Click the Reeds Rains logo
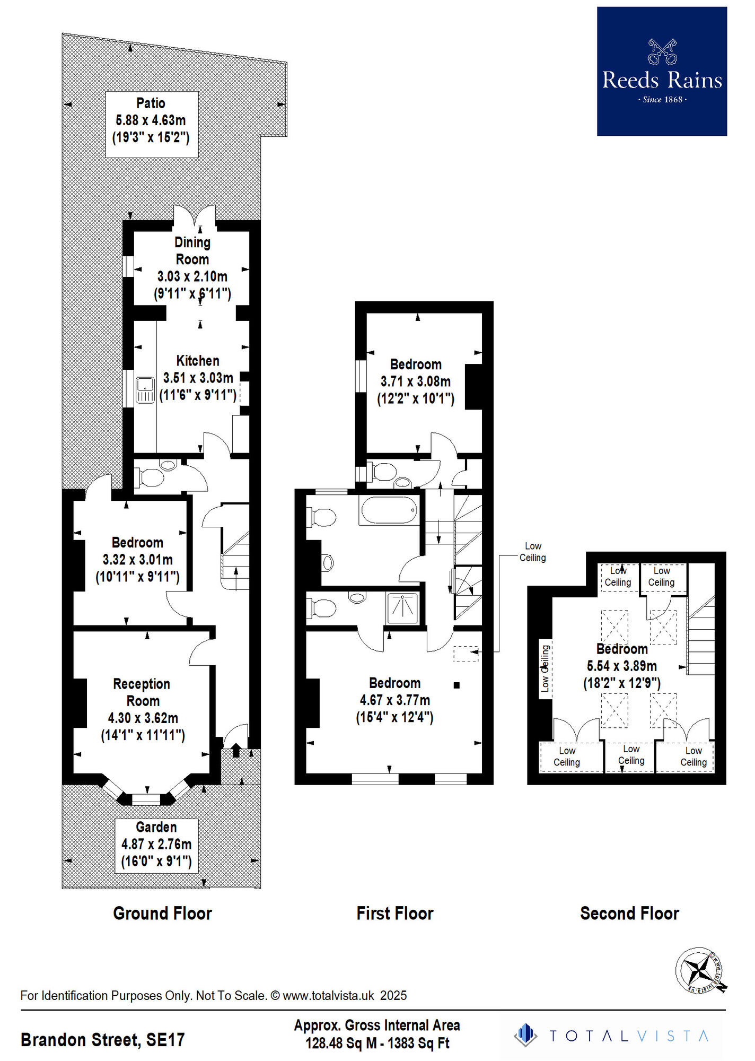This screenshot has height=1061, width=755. click(x=662, y=71)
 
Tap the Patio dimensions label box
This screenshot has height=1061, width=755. click(x=152, y=124)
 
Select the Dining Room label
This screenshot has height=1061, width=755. click(x=192, y=251)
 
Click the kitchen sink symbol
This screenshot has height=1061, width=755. click(x=145, y=390)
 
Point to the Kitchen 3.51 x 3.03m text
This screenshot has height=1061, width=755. click(x=198, y=378)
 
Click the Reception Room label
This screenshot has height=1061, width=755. click(x=142, y=692)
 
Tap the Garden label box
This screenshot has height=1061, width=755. click(x=156, y=846)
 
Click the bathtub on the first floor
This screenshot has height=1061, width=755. click(x=389, y=510)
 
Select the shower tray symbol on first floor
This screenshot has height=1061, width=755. click(x=402, y=608)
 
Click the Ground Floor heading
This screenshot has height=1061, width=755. click(x=162, y=914)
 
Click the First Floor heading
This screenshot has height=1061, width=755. click(x=395, y=914)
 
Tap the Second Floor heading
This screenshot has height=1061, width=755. click(x=629, y=914)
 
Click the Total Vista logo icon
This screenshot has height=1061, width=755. click(x=525, y=1035)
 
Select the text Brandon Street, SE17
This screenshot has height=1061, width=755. click(x=102, y=1040)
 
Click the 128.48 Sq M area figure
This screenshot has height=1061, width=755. click(x=341, y=1043)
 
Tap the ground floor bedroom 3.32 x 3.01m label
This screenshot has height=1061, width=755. click(x=138, y=560)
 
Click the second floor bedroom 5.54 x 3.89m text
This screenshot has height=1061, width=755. click(x=621, y=666)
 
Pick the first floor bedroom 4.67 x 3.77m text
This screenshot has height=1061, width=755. click(x=395, y=700)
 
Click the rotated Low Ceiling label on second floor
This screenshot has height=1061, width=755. click(x=545, y=668)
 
